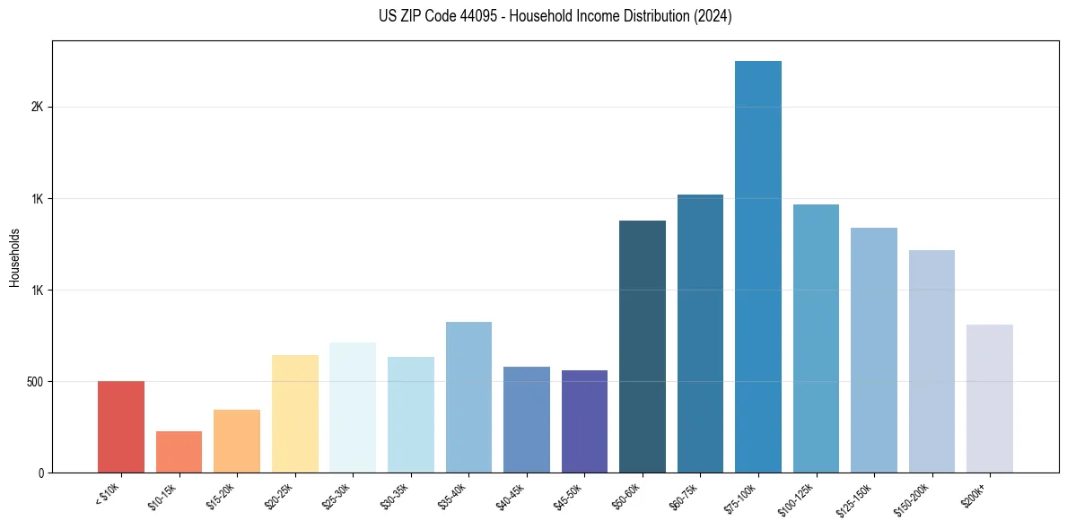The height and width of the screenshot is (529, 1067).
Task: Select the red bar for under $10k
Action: click(x=121, y=427)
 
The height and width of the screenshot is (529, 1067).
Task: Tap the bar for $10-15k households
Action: click(x=179, y=452)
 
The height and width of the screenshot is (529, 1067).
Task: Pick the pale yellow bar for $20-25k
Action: click(x=295, y=413)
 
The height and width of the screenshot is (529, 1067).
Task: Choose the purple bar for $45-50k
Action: click(x=584, y=421)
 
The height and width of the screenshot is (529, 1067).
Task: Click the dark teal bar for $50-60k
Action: click(x=643, y=346)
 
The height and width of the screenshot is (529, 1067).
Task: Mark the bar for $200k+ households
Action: click(x=990, y=398)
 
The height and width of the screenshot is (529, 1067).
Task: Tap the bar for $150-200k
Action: click(x=931, y=361)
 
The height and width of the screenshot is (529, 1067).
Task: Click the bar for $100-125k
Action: click(x=816, y=338)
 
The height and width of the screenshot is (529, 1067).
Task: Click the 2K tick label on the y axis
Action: click(x=37, y=107)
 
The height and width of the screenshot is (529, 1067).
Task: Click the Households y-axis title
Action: click(x=15, y=257)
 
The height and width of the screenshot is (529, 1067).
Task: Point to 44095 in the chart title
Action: click(x=470, y=16)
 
